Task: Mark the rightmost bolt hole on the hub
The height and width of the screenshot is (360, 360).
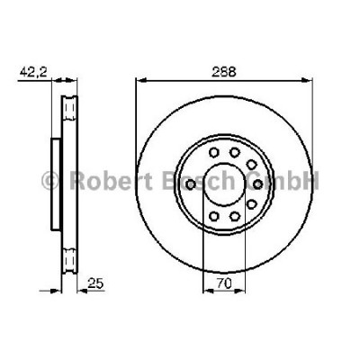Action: pyautogui.click(x=256, y=183)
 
